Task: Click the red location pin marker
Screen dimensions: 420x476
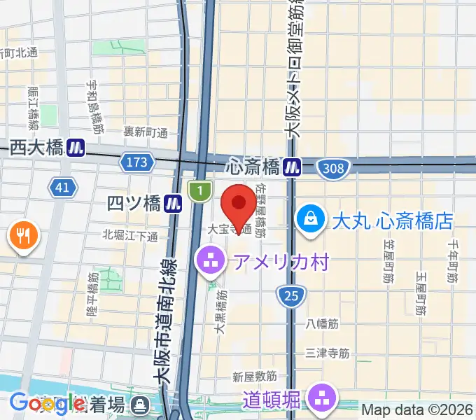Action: (239, 204)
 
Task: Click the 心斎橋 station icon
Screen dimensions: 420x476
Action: (293, 167)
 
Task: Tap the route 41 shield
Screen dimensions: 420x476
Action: (62, 186)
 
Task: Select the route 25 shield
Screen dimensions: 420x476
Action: (290, 295)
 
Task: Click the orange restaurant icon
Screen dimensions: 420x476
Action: (24, 237)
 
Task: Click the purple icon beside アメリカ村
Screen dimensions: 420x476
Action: (209, 262)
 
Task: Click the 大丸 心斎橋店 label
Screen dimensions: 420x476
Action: (392, 221)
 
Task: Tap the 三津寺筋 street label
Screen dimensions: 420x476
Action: (328, 353)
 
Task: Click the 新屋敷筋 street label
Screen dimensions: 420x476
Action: (255, 377)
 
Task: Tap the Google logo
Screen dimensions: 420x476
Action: (47, 404)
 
